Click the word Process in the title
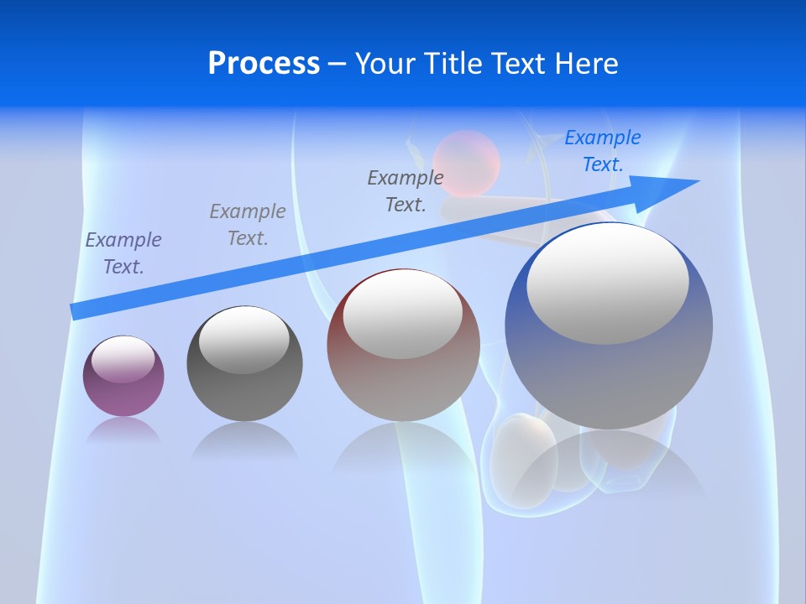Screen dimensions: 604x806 click(264, 64)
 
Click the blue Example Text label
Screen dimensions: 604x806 click(602, 151)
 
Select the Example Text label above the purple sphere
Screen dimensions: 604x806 click(123, 253)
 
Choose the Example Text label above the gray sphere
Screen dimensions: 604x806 click(248, 225)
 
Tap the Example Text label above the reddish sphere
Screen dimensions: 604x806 click(406, 190)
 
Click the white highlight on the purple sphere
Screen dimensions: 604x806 click(123, 359)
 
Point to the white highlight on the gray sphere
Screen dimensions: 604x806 click(243, 340)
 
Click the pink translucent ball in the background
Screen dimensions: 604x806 click(466, 162)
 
